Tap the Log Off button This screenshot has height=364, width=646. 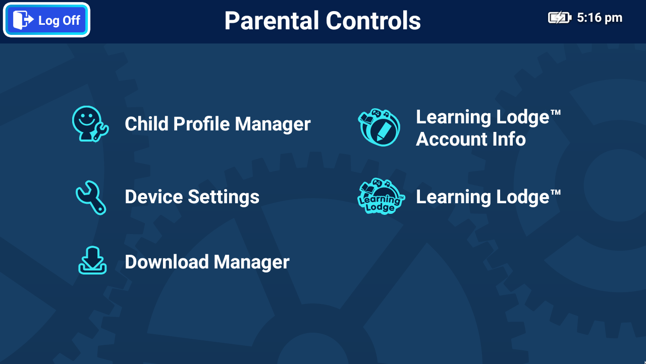(46, 20)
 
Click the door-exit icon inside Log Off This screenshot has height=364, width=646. (23, 20)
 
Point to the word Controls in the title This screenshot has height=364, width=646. (373, 21)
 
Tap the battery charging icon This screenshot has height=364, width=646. (560, 18)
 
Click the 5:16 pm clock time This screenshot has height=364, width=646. (600, 18)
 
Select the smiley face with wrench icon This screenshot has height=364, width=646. (90, 124)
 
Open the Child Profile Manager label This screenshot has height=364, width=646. (218, 124)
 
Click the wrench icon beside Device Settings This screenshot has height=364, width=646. (91, 198)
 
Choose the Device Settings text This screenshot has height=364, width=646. (192, 197)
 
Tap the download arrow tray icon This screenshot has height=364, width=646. (92, 260)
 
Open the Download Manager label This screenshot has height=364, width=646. (207, 262)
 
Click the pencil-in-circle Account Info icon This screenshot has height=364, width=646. (379, 127)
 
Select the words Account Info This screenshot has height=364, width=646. (471, 139)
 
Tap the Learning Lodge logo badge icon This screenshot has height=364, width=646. (381, 196)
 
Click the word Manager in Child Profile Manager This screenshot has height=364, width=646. (273, 124)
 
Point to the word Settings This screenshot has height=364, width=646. (224, 197)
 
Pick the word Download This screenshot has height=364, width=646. (167, 262)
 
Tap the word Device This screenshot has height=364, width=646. (154, 197)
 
